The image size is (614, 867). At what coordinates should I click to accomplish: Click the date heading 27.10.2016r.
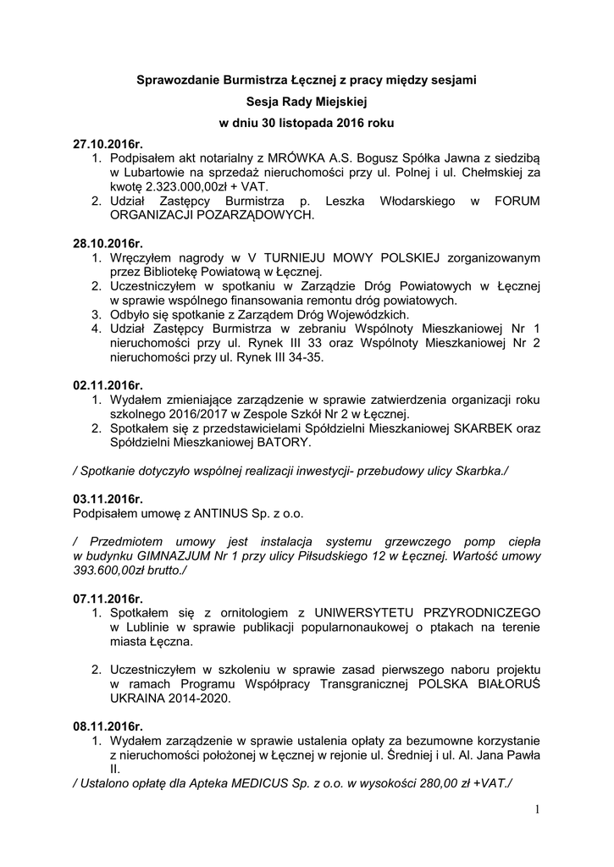(108, 144)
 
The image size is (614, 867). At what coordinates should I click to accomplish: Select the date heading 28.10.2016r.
(108, 244)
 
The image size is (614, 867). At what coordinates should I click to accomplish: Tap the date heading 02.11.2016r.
(108, 385)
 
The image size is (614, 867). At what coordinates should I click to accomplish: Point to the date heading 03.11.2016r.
(108, 499)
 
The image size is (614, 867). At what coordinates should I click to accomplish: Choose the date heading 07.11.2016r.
(108, 599)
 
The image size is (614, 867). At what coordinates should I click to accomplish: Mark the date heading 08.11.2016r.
(108, 726)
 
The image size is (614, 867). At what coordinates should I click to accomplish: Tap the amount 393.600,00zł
(113, 571)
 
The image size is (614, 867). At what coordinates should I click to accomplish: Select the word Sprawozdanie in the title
(177, 80)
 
